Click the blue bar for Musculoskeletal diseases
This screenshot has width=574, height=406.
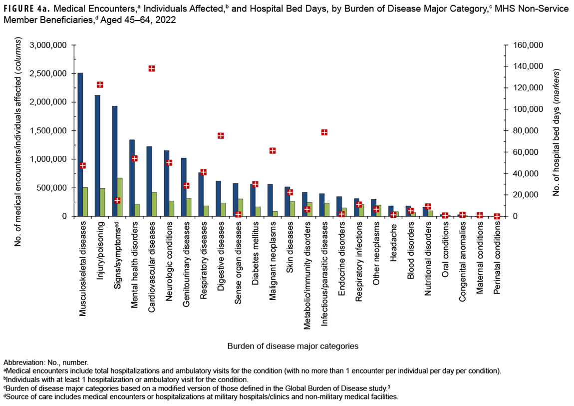pyautogui.click(x=80, y=145)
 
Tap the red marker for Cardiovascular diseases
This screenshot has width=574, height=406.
pyautogui.click(x=152, y=68)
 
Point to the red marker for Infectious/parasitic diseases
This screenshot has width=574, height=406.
pyautogui.click(x=324, y=132)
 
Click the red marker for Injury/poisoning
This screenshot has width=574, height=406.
pyautogui.click(x=100, y=85)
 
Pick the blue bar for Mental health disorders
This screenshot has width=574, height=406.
pyautogui.click(x=132, y=178)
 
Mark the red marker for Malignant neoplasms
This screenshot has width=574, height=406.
pyautogui.click(x=273, y=151)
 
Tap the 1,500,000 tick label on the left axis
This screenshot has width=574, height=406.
pyautogui.click(x=49, y=131)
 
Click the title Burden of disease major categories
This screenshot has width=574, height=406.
pyautogui.click(x=293, y=346)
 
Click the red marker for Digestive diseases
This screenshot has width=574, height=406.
pyautogui.click(x=221, y=136)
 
